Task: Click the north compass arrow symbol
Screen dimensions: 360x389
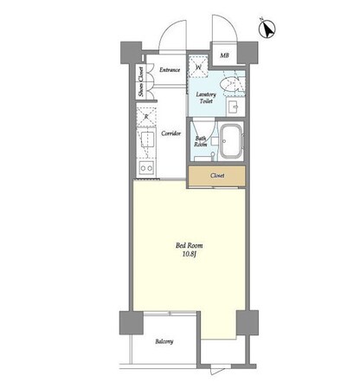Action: pyautogui.click(x=267, y=29)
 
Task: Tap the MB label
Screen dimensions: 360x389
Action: pyautogui.click(x=225, y=55)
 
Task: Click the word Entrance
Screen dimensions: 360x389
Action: pyautogui.click(x=170, y=70)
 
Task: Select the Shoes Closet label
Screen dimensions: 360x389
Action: pyautogui.click(x=141, y=81)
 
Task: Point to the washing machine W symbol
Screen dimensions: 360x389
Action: pyautogui.click(x=199, y=66)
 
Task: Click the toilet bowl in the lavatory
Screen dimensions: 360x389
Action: pyautogui.click(x=229, y=85)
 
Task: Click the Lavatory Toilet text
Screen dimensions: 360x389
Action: pyautogui.click(x=206, y=98)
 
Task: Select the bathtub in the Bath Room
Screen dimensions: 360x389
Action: pyautogui.click(x=231, y=141)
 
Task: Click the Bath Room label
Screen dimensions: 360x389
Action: pyautogui.click(x=200, y=141)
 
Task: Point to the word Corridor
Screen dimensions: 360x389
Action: pyautogui.click(x=171, y=133)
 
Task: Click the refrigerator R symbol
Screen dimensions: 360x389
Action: pyautogui.click(x=146, y=117)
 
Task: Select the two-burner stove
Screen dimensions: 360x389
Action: pyautogui.click(x=146, y=167)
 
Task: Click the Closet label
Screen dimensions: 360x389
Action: pyautogui.click(x=217, y=176)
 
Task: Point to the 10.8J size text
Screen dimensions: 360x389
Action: pyautogui.click(x=190, y=254)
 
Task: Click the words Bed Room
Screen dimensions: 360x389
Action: pyautogui.click(x=190, y=246)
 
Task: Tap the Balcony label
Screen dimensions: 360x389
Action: pyautogui.click(x=164, y=341)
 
